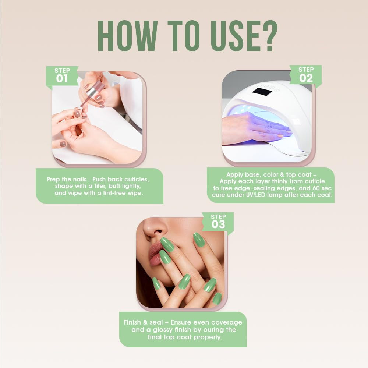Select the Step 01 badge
coord(62,76)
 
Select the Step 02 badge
coord(306,75)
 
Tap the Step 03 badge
coord(218,222)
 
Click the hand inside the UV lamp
coord(254,129)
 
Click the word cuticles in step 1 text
coord(136,179)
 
